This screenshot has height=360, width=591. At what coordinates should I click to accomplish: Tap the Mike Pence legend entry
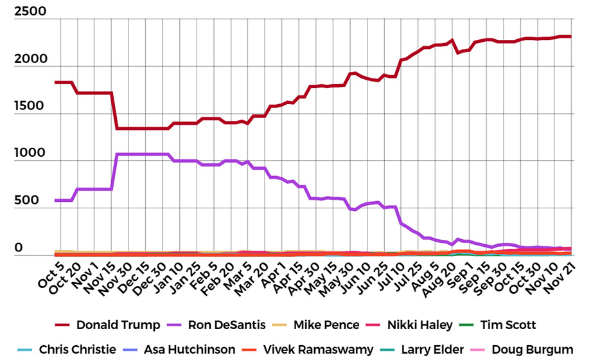(335, 325)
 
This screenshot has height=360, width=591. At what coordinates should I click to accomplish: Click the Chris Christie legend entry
(78, 349)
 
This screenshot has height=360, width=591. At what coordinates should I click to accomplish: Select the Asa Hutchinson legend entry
(190, 349)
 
